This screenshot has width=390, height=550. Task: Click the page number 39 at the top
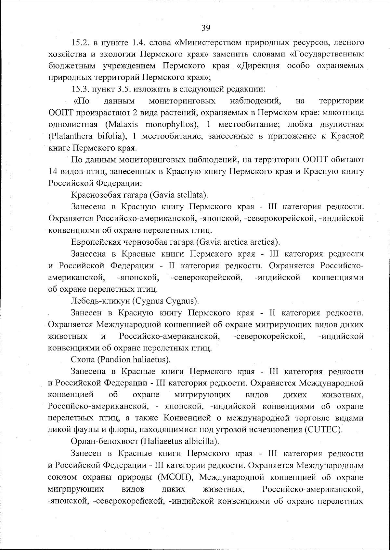pyautogui.click(x=206, y=28)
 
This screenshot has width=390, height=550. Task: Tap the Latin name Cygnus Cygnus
pyautogui.click(x=165, y=301)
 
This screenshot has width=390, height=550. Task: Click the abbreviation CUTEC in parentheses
pyautogui.click(x=324, y=430)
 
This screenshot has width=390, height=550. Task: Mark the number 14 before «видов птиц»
pyautogui.click(x=53, y=171)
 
